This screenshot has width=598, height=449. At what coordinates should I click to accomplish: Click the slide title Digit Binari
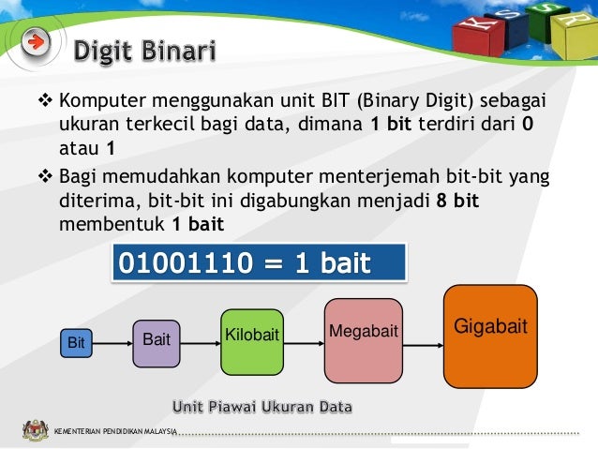pos(144,48)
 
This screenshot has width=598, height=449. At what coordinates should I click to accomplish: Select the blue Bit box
pos(76,343)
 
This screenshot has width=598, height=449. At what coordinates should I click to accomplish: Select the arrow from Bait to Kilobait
pos(199,343)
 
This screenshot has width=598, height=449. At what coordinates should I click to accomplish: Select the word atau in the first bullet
pos(80,147)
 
